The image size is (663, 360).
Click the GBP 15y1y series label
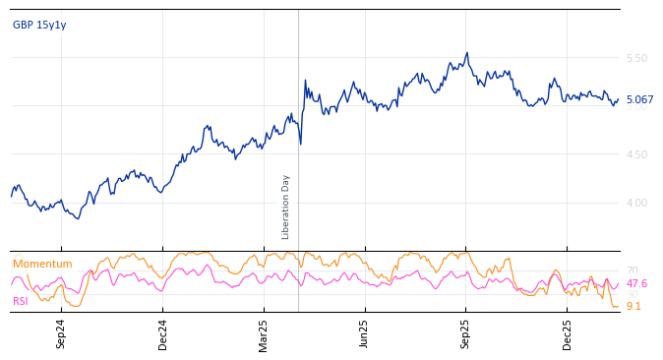39,25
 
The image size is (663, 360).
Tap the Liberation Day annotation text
286,207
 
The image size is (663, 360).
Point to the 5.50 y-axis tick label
636,58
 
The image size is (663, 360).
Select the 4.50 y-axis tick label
636,154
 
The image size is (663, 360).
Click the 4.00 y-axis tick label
636,203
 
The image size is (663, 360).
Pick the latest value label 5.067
639,99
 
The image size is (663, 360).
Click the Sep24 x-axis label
61,333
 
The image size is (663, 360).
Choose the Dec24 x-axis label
163,333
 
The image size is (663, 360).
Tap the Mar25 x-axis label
264,333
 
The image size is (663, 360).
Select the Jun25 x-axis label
365,333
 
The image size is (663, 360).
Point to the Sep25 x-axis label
466,333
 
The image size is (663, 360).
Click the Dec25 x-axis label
568,333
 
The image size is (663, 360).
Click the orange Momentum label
42,264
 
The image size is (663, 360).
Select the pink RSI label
20,301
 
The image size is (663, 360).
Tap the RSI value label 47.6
636,283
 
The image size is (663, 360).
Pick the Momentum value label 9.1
633,306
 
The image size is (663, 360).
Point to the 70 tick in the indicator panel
632,270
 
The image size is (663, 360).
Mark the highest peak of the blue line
467,53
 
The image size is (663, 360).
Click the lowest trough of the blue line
78,217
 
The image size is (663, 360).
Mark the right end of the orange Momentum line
619,307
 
